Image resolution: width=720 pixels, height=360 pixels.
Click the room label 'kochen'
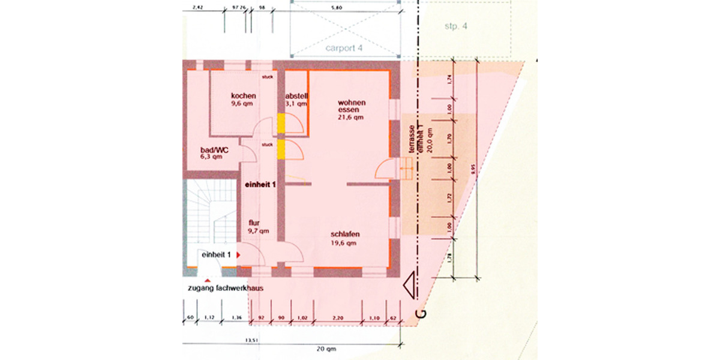244,95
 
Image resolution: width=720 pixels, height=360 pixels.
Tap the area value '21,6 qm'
350,118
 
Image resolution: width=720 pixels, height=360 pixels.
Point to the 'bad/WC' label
214,149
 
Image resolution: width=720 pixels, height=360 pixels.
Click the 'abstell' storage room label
296,95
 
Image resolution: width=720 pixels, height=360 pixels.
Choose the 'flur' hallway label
254,223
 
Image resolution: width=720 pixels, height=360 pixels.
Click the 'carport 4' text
344,48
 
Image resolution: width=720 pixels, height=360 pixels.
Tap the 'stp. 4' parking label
455,26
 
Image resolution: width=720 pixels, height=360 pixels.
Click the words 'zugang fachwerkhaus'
226,289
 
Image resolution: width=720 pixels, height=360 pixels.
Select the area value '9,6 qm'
244,103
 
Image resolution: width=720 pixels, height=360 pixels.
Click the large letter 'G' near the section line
421,313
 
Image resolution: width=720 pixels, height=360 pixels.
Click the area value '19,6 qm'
344,244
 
